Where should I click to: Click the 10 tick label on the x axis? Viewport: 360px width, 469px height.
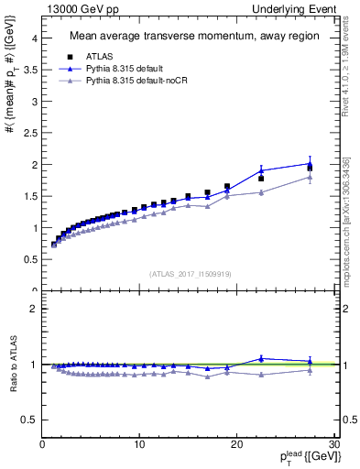pos(139,444)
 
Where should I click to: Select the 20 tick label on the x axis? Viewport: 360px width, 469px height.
pos(236,444)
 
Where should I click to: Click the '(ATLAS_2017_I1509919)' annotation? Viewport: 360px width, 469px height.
pos(190,272)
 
